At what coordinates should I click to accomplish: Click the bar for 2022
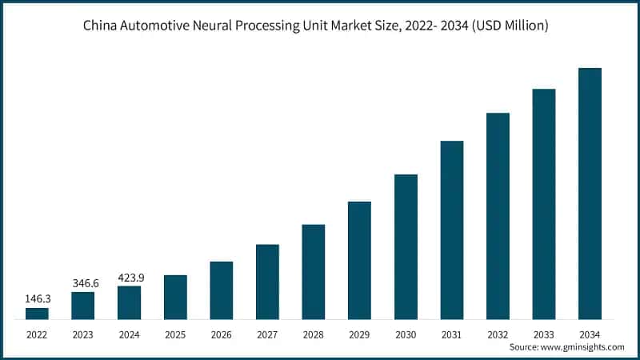pos(37,314)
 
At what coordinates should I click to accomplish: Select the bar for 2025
pos(175,298)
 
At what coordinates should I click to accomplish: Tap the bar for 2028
pos(314,272)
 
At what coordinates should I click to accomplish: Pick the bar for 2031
pos(452,230)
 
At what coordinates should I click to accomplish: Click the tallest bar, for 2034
pos(590,194)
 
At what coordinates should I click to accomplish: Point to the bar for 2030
pos(406,247)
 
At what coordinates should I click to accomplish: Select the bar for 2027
pos(267,282)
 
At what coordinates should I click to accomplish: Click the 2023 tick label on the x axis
pos(83,334)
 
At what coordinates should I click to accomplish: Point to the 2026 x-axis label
pos(222,334)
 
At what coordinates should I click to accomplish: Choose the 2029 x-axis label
pos(360,334)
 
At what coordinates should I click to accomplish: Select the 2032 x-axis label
pos(498,334)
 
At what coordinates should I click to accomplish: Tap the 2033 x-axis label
pos(544,334)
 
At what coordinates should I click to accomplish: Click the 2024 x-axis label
pos(129,334)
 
